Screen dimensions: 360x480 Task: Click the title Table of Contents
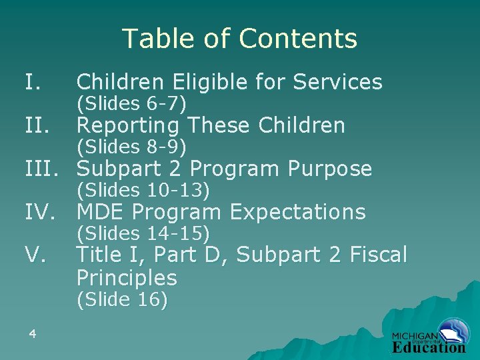tap(239, 39)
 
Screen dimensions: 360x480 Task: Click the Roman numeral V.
tap(35, 255)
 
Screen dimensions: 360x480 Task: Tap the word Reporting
tap(128, 125)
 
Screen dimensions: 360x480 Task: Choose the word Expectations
tap(297, 213)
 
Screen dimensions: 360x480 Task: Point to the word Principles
tap(127, 277)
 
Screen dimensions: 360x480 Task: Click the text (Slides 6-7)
tap(131, 104)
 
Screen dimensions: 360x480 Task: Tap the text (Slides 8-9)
tap(131, 146)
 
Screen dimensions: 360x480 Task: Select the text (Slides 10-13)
tap(143, 191)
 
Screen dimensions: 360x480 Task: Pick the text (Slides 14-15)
tap(143, 233)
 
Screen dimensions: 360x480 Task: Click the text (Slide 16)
tap(122, 300)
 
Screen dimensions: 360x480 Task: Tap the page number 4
tap(32, 333)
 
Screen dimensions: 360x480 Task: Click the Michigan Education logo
tap(429, 340)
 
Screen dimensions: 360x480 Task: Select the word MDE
tap(101, 213)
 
